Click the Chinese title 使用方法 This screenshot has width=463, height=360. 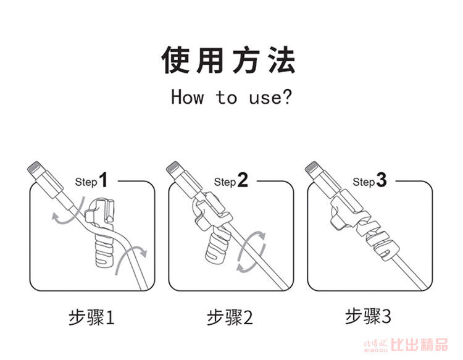[230, 60]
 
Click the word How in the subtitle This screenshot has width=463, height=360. [187, 97]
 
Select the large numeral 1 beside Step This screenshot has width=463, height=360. [103, 180]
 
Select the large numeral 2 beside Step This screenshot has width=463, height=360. [242, 180]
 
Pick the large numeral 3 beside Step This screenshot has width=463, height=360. [381, 180]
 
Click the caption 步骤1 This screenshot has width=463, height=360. [91, 317]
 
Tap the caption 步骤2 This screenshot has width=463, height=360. [230, 317]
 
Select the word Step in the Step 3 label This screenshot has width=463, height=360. [363, 182]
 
